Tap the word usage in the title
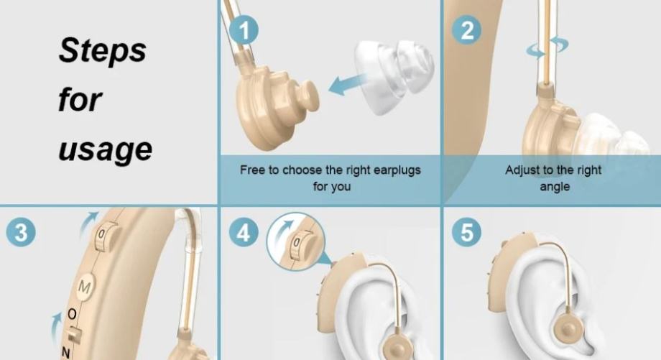[x=105, y=149]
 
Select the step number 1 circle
[x=244, y=29]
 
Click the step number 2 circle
[x=467, y=29]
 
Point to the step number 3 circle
[x=21, y=232]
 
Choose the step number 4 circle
[x=244, y=232]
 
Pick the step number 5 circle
[x=467, y=232]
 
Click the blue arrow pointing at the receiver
[x=346, y=84]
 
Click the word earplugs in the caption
[x=397, y=170]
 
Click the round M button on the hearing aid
[x=85, y=287]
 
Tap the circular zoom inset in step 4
[x=295, y=241]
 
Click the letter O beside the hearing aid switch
[x=73, y=315]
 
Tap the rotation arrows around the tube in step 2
[x=547, y=47]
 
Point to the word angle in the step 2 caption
[x=555, y=187]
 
